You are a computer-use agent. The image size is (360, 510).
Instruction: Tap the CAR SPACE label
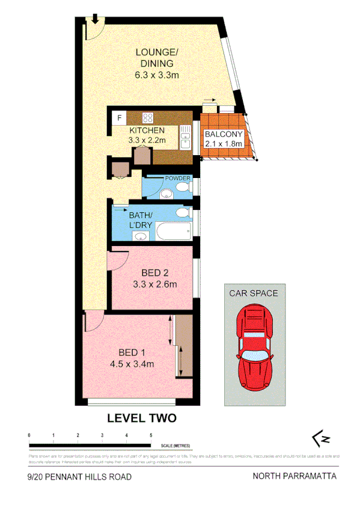click(253, 293)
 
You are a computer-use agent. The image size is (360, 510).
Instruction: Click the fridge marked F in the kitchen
click(119, 117)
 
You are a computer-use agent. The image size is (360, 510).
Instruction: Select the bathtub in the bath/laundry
click(172, 233)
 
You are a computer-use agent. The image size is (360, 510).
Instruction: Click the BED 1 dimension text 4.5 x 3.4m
click(133, 364)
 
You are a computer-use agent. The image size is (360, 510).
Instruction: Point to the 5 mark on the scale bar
click(151, 434)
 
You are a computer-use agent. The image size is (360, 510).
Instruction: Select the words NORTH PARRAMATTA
click(294, 476)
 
